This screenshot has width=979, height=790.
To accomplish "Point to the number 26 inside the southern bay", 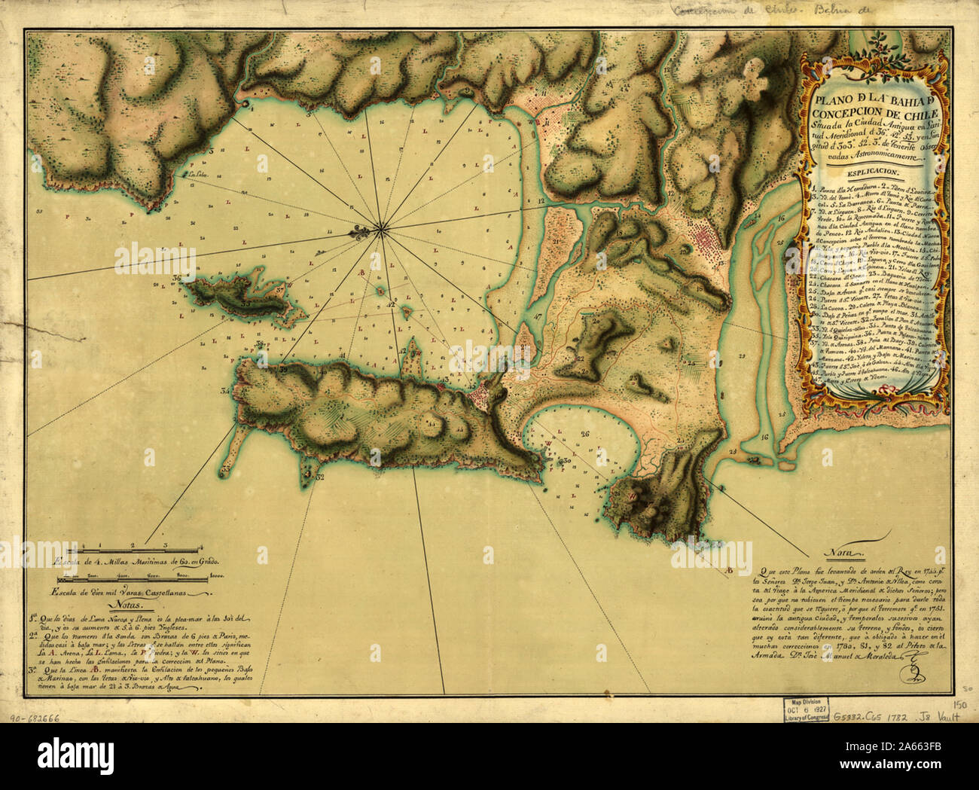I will [584, 434].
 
